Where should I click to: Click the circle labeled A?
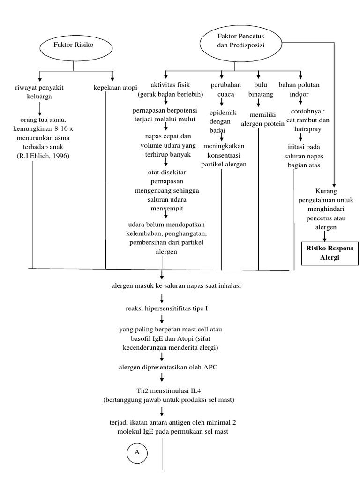(137, 452)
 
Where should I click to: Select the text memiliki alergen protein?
(262, 120)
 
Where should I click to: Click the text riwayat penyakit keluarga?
(39, 91)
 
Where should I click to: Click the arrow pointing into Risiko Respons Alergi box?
(334, 236)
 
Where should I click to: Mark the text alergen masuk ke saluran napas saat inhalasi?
(176, 286)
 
